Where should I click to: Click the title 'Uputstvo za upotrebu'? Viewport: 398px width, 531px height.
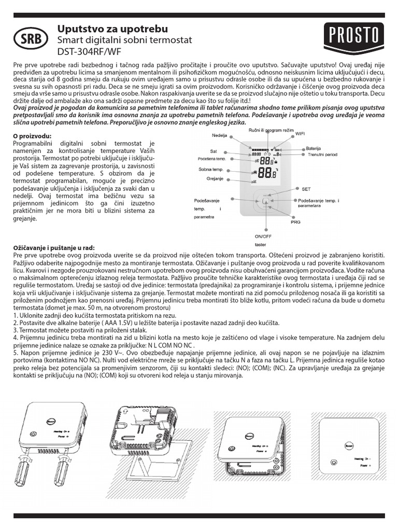tap(105, 29)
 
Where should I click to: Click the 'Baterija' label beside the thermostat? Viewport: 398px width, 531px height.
tap(314, 148)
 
